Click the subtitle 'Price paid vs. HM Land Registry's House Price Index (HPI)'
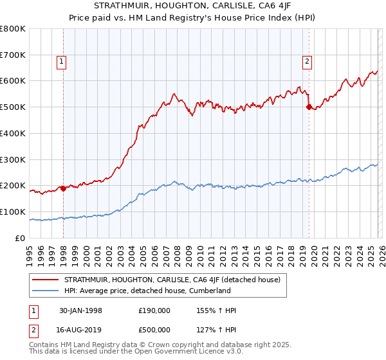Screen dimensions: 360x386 click(192, 19)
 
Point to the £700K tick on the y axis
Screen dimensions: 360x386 click(13, 55)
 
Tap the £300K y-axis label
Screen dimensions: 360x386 click(13, 159)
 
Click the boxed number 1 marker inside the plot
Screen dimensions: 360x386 click(61, 62)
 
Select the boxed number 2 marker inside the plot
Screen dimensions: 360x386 click(307, 62)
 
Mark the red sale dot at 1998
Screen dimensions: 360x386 click(64, 188)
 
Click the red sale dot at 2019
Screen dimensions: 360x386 click(309, 107)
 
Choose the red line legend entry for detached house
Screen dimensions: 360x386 click(172, 280)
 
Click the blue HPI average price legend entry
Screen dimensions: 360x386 click(147, 291)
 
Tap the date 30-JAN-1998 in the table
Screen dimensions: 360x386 click(80, 310)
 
